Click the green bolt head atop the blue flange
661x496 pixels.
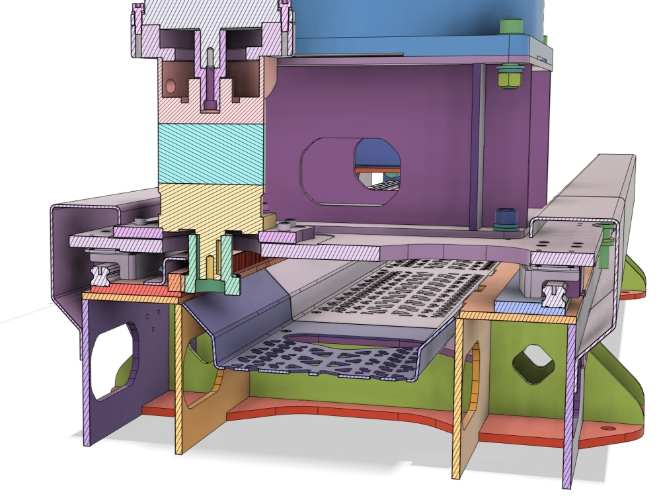pyautogui.click(x=511, y=26)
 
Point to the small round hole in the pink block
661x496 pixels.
pyautogui.click(x=171, y=86)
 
